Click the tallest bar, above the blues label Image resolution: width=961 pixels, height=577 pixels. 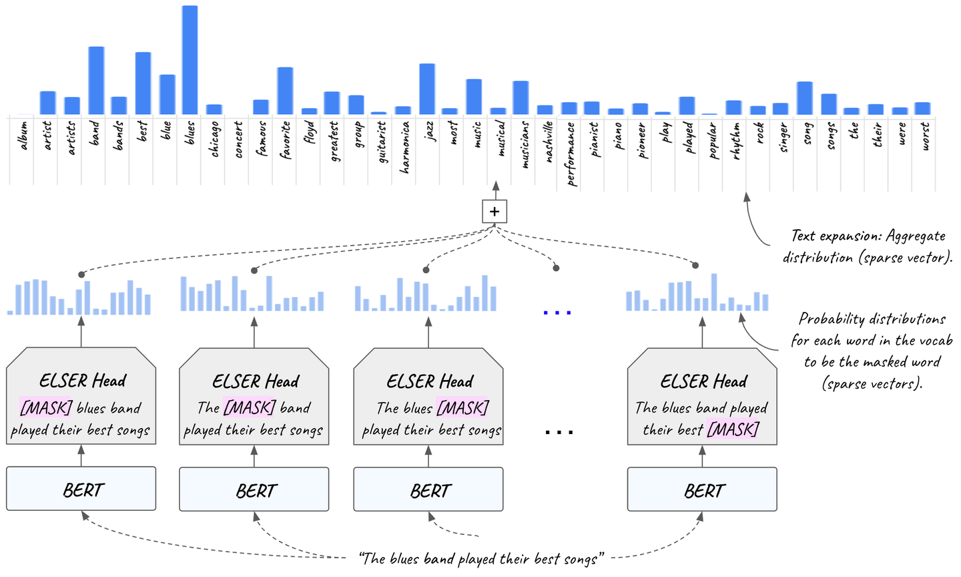(190, 60)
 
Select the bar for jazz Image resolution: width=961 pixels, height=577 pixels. (427, 89)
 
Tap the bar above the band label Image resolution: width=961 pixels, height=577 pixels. (96, 81)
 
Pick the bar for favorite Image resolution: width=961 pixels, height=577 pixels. (285, 91)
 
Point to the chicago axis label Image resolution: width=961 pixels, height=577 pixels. (214, 139)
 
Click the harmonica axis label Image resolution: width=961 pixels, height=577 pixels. (404, 146)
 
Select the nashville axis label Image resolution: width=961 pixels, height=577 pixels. (547, 141)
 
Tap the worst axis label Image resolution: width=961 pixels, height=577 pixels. (924, 136)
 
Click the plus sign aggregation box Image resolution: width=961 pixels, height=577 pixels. (495, 212)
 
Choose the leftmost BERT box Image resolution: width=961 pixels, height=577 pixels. (81, 490)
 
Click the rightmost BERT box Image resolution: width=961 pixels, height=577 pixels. (702, 490)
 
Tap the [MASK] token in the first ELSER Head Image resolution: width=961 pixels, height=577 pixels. (45, 407)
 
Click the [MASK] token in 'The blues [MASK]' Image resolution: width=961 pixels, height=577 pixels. (462, 407)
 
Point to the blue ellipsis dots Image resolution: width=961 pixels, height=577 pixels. (557, 312)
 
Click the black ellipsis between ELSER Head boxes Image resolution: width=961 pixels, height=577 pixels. (559, 432)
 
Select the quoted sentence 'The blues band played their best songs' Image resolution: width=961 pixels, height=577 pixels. (482, 558)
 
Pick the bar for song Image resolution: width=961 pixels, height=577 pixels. (805, 98)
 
